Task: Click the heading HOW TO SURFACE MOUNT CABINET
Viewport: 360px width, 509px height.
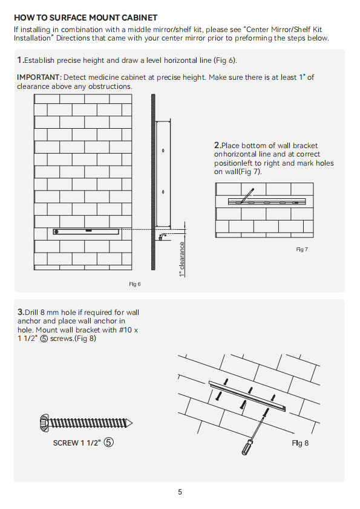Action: [x=86, y=18]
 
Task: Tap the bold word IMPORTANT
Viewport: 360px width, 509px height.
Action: [x=39, y=77]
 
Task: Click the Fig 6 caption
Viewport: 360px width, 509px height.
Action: [x=135, y=284]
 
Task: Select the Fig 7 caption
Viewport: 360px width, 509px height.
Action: [x=302, y=249]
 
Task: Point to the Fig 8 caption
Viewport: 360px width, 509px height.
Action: [x=300, y=443]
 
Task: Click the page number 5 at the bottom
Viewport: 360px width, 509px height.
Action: [x=180, y=492]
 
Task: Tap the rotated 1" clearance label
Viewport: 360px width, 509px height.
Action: [x=182, y=259]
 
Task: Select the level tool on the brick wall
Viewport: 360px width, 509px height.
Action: [x=86, y=232]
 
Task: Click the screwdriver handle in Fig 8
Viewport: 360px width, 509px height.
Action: [x=246, y=447]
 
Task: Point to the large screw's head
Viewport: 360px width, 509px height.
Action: [x=44, y=423]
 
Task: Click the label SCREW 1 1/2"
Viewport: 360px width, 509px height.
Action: [x=77, y=443]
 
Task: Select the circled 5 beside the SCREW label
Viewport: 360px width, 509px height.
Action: [x=108, y=442]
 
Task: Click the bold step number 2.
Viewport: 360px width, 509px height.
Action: [x=217, y=145]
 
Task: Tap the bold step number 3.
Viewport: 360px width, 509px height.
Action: [x=21, y=312]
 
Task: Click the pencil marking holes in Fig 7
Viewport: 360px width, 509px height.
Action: [x=247, y=196]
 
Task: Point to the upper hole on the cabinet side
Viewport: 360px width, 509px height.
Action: [x=163, y=151]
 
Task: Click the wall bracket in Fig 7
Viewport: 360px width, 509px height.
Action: [x=267, y=201]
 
